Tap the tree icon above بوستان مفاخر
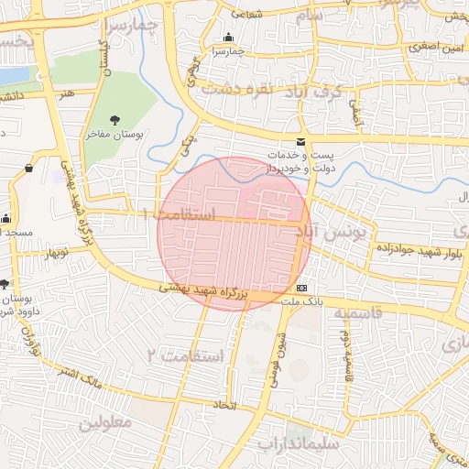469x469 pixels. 115,120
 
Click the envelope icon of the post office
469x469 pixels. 300,142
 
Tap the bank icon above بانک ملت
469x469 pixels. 303,288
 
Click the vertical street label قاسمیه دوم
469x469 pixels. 347,356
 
